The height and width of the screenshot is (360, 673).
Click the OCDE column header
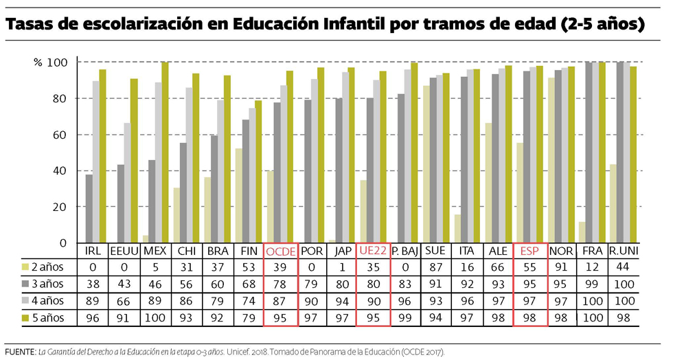point(280,251)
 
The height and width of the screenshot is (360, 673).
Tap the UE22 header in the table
point(373,251)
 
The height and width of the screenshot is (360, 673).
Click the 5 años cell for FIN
point(248,317)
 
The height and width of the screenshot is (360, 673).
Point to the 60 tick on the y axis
point(60,135)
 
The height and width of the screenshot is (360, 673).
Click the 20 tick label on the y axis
point(60,207)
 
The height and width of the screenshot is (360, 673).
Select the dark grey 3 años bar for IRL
point(89,209)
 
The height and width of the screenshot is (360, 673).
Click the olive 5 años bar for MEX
point(164,153)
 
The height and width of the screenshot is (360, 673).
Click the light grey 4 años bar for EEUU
point(127,183)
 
